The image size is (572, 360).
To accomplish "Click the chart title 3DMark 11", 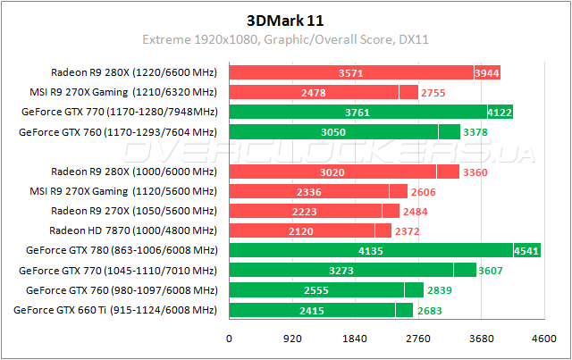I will pos(285,20).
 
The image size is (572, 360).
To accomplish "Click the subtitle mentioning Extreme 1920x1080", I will pos(285,40).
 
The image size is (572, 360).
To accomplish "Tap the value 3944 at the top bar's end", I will pos(487,72).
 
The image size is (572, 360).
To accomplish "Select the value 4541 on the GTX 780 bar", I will pos(526,251).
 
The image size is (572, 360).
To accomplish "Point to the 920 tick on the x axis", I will pos(292,339).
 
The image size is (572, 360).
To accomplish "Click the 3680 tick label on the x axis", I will pos(481,339).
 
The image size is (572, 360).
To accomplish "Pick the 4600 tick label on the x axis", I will pos(543,339).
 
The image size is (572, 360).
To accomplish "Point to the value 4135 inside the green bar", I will pos(370,251).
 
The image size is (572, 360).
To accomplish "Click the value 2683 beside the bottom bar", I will pos(427,311).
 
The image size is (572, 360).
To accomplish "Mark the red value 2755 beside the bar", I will pos(433,92).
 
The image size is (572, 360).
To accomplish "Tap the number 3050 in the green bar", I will pos(332,132).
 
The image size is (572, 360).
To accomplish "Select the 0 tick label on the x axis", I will pos(230,339).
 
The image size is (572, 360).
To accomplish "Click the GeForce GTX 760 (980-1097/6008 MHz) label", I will pos(122,290).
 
